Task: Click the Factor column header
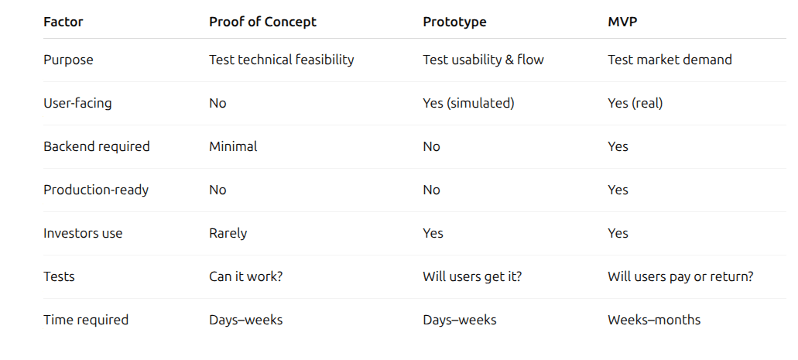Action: click(63, 22)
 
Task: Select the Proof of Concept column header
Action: click(262, 22)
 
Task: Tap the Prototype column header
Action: click(454, 22)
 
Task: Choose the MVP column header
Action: click(622, 22)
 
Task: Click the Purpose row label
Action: click(68, 60)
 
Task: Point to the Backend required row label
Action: click(97, 146)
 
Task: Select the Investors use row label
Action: click(83, 233)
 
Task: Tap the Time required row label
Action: click(86, 320)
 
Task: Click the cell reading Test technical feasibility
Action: click(282, 60)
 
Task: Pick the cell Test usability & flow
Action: click(484, 60)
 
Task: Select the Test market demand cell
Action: click(670, 60)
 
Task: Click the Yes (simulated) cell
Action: click(469, 104)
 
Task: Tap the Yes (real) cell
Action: click(635, 104)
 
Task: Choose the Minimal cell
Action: click(233, 146)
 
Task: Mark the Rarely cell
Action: click(228, 233)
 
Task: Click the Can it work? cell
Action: click(246, 276)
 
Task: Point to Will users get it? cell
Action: click(472, 276)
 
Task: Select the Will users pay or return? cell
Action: click(680, 276)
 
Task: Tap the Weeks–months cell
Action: click(654, 320)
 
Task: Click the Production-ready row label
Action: click(96, 190)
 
